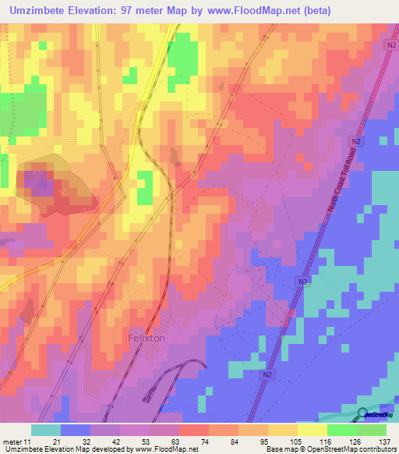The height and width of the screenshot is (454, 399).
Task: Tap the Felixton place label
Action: point(146,338)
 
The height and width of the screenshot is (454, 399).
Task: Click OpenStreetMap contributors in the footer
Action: point(355,449)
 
